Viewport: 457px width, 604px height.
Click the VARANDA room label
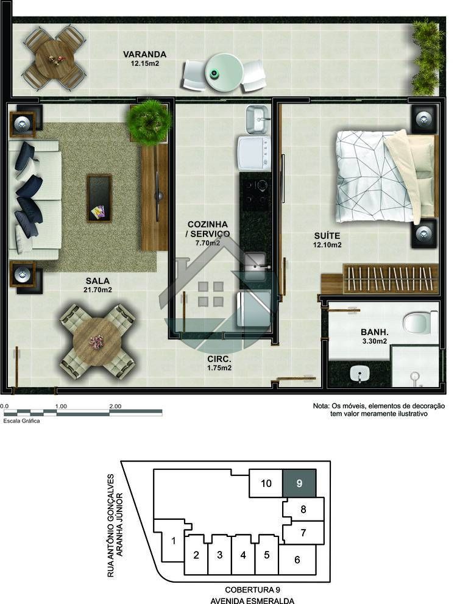pyautogui.click(x=144, y=54)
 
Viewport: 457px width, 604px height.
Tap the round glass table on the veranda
pyautogui.click(x=224, y=72)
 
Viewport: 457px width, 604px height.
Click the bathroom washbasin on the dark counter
pyautogui.click(x=360, y=374)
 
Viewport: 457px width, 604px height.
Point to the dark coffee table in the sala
pyautogui.click(x=99, y=198)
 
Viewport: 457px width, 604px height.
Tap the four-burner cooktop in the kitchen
pyautogui.click(x=256, y=191)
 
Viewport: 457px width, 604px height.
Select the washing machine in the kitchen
pyautogui.click(x=255, y=154)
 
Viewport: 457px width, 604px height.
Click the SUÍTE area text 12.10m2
pyautogui.click(x=327, y=245)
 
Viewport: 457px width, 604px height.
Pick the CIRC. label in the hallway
pyautogui.click(x=219, y=359)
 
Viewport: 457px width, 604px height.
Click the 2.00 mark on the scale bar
pyautogui.click(x=115, y=407)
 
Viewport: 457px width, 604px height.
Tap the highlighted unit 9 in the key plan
pyautogui.click(x=300, y=483)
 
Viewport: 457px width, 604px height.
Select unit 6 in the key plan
pyautogui.click(x=297, y=560)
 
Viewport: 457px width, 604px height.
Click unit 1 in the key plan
pyautogui.click(x=173, y=541)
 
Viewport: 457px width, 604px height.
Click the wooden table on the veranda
pyautogui.click(x=55, y=58)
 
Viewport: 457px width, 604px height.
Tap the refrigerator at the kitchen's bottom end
pyautogui.click(x=253, y=309)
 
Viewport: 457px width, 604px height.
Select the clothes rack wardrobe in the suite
pyautogui.click(x=391, y=279)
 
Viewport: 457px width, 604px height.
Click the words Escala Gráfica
pyautogui.click(x=21, y=421)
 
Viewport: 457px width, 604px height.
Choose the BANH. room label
pyautogui.click(x=374, y=332)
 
